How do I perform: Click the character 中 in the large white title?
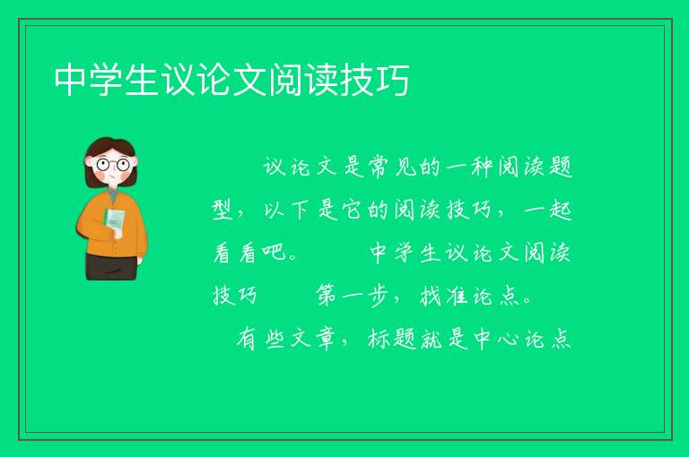70,80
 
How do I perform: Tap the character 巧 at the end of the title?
393,80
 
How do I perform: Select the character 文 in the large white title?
249,80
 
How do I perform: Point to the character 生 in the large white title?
142,80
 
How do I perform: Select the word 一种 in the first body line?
468,167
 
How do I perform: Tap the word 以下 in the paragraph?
286,210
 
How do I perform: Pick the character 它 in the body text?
352,210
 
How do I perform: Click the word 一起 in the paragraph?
548,210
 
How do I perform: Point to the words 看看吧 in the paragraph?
250,253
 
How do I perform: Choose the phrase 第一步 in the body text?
352,296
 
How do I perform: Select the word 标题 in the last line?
391,339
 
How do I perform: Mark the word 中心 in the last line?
496,339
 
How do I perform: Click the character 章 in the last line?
326,339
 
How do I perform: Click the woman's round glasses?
112,165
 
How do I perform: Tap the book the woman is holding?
115,222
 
